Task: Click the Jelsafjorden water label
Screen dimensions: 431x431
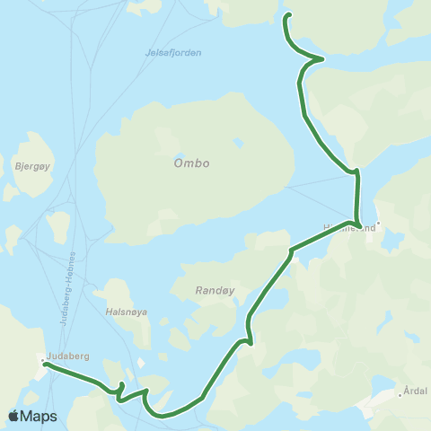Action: [172, 53]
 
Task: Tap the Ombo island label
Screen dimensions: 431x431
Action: [192, 163]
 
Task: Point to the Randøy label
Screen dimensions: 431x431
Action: [213, 291]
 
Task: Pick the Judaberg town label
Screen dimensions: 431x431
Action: [68, 356]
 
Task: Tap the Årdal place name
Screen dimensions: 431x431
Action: [416, 391]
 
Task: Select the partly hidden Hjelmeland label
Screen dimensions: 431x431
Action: [347, 228]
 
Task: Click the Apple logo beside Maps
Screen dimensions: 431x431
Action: [13, 416]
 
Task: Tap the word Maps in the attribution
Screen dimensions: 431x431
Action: [39, 417]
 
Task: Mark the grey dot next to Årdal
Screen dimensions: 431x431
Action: [400, 394]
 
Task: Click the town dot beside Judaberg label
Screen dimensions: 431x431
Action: [42, 361]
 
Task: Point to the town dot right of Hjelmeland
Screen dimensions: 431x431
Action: [379, 224]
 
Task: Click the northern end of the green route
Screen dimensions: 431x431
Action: [288, 15]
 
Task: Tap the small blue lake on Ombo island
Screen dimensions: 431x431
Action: [239, 143]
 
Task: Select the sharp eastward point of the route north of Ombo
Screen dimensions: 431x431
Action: [322, 59]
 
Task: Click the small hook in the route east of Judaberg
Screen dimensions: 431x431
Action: [120, 389]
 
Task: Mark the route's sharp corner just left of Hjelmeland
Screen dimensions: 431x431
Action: [290, 251]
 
